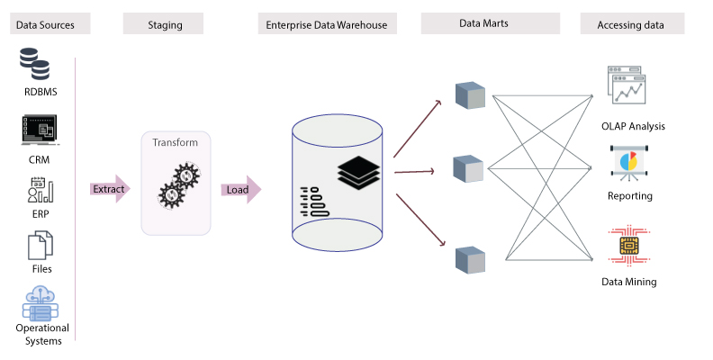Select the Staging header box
pos(166,25)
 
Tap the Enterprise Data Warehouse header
pos(328,25)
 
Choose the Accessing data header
pos(631,25)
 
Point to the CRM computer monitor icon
pos(39,130)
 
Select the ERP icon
pos(39,190)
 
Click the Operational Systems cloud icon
pos(39,302)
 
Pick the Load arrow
pos(239,189)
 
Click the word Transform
pos(175,143)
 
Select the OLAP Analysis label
pos(633,126)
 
